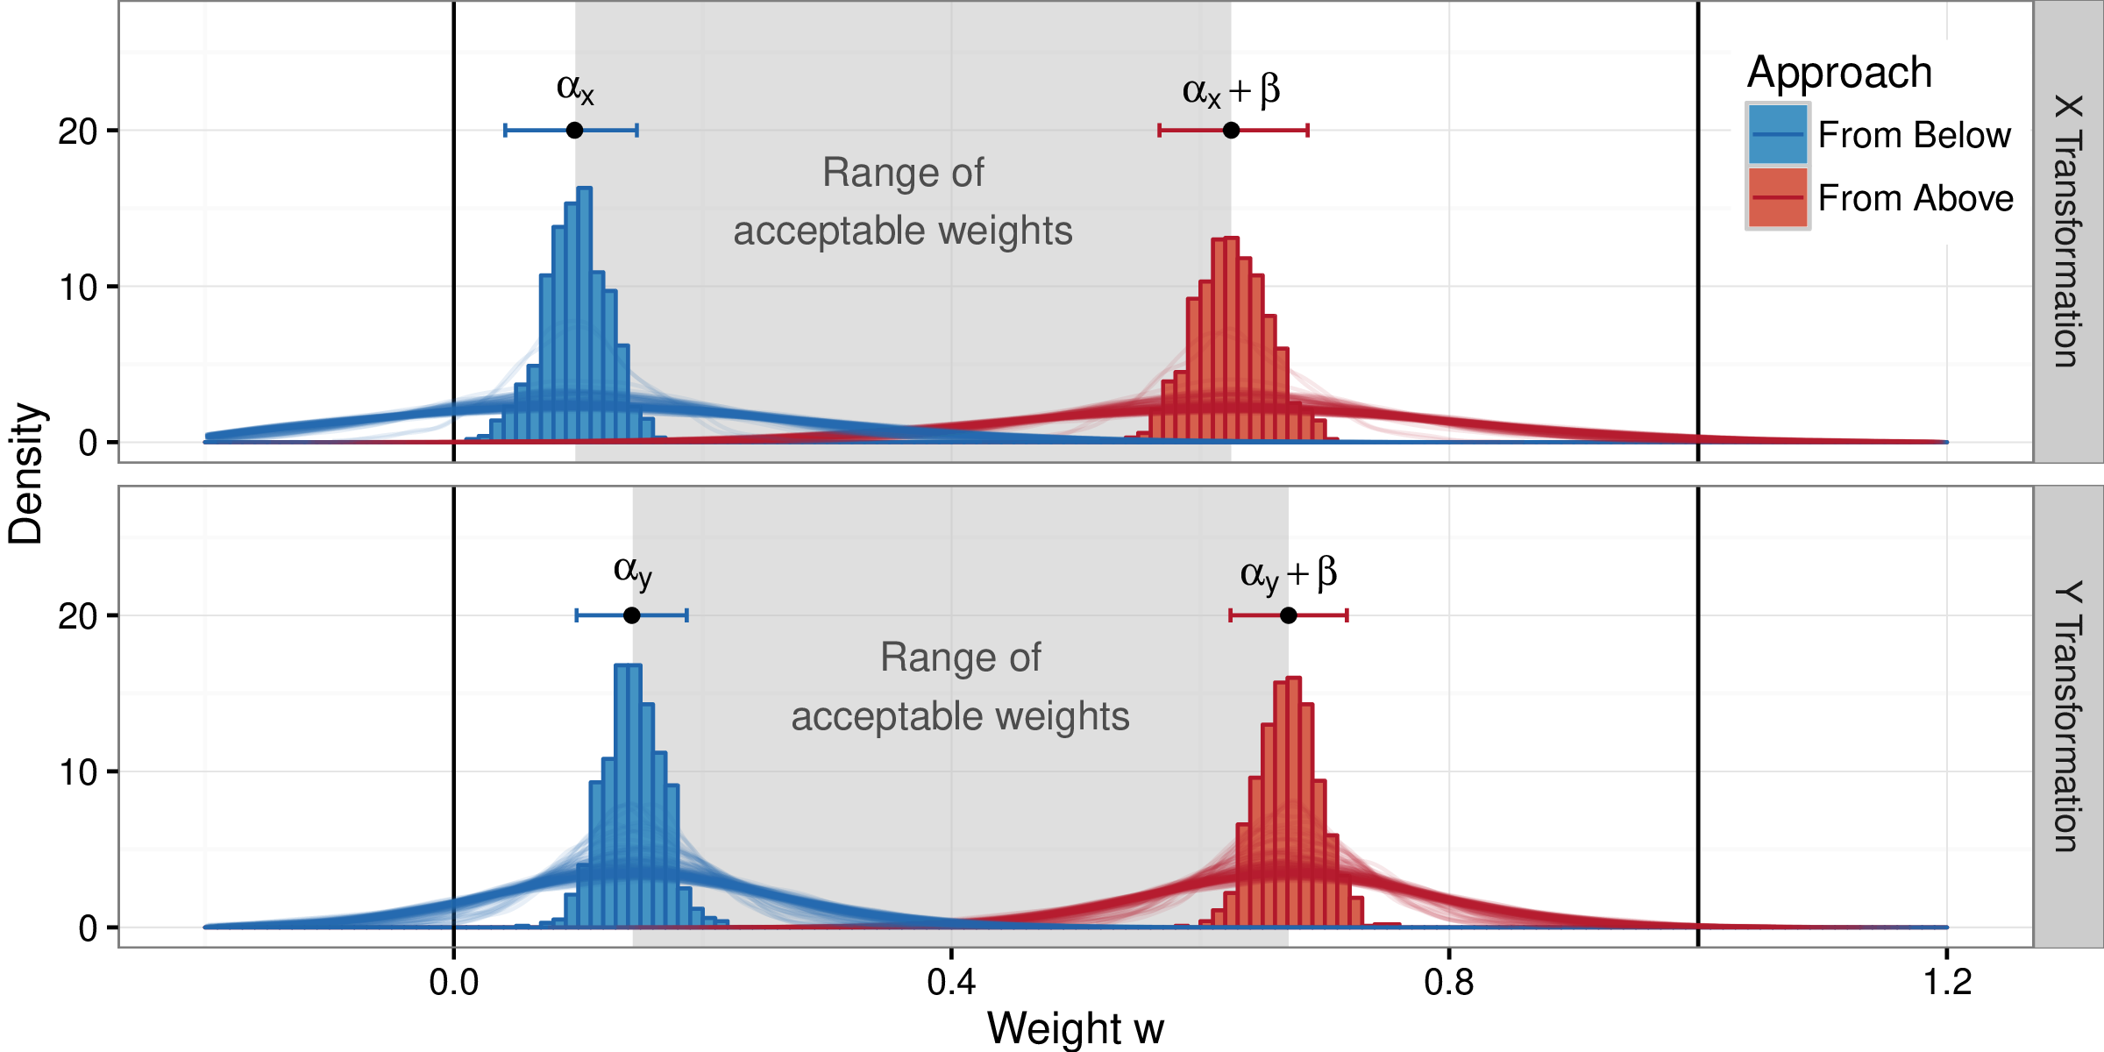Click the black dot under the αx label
pos(574,131)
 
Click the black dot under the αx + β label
pos(1231,131)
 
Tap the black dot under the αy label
pos(631,615)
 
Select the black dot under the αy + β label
pos(1288,615)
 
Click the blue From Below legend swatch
pos(1778,135)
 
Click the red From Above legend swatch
pos(1778,198)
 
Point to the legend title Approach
pos(1839,73)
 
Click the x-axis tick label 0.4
pos(951,983)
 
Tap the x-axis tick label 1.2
pos(1947,983)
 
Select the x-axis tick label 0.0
pos(453,983)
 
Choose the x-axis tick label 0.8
pos(1449,983)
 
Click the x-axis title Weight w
pos(1075,1027)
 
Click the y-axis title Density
pos(26,473)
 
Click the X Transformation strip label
pos(2067,231)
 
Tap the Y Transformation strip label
pos(2067,716)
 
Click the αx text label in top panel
pos(575,89)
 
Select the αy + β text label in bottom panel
pos(1288,574)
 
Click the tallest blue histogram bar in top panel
pos(585,316)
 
